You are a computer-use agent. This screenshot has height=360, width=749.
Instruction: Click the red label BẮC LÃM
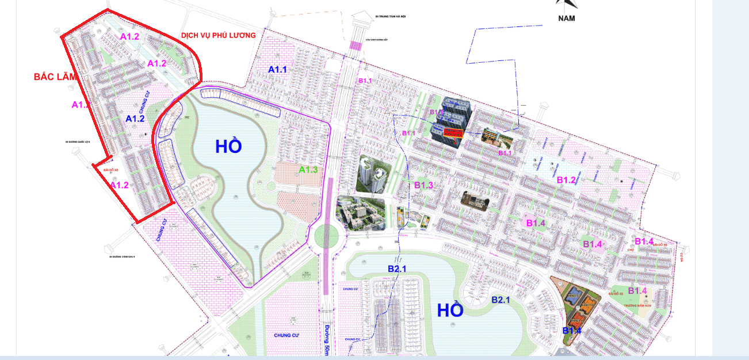coord(55,77)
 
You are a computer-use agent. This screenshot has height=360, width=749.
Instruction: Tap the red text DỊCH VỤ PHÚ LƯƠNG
coord(218,36)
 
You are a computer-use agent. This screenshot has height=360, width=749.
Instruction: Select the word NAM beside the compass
coord(566,18)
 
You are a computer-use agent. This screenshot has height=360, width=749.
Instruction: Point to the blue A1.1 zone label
coord(277,70)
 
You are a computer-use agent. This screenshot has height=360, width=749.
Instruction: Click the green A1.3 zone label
coord(308,170)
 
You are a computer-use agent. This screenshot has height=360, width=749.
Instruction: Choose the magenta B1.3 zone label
coord(423,185)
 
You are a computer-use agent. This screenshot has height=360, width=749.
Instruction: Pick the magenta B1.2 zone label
coord(566,181)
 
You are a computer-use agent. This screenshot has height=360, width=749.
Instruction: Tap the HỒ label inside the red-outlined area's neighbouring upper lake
coord(228,146)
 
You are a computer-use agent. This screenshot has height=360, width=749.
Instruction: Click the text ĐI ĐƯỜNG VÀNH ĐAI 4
coord(121,257)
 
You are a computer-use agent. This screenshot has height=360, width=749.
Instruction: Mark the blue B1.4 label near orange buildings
coord(572,331)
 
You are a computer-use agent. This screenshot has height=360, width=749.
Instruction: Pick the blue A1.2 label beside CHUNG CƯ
coord(135,118)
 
